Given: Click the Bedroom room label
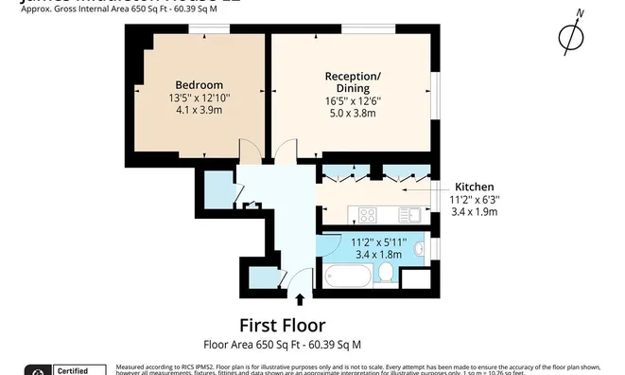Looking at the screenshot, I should (x=200, y=84).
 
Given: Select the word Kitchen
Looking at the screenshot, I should (x=474, y=187).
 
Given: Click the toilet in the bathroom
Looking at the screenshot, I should (x=385, y=274).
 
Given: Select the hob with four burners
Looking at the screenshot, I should (x=366, y=214).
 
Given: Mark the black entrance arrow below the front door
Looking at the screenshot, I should (x=301, y=300).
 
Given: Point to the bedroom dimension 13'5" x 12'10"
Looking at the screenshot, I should (x=200, y=98).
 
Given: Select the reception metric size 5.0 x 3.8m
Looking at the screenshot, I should (x=352, y=113).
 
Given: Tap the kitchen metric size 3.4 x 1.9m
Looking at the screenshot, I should (x=474, y=211).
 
